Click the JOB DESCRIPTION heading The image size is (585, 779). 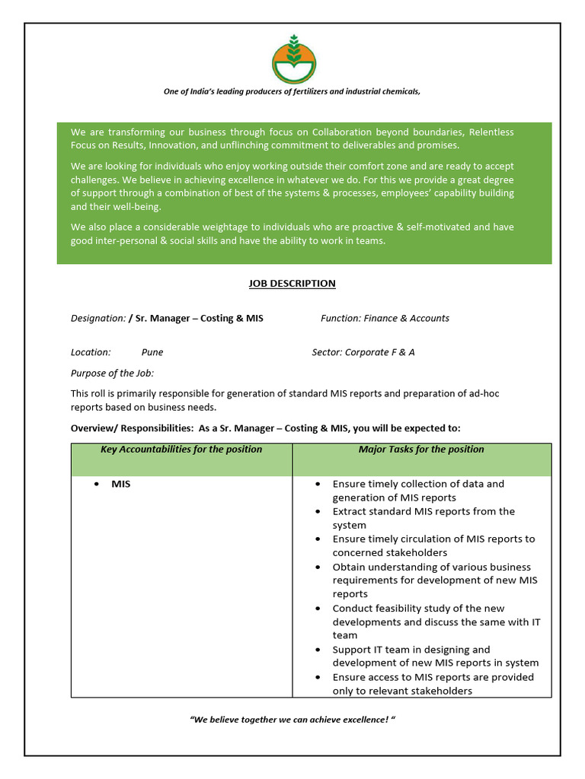pyautogui.click(x=292, y=284)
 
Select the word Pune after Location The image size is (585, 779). pyautogui.click(x=152, y=352)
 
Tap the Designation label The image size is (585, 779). pyautogui.click(x=97, y=318)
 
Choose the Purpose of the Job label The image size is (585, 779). pyautogui.click(x=112, y=373)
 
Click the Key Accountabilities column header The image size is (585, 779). pyautogui.click(x=181, y=450)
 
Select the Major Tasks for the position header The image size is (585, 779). pyautogui.click(x=421, y=450)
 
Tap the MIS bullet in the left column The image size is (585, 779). pyautogui.click(x=120, y=484)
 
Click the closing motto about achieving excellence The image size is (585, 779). pyautogui.click(x=292, y=719)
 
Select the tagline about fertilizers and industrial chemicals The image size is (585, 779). pyautogui.click(x=292, y=91)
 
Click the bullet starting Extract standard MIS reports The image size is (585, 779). pyautogui.click(x=423, y=518)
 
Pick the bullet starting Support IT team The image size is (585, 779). pyautogui.click(x=435, y=656)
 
